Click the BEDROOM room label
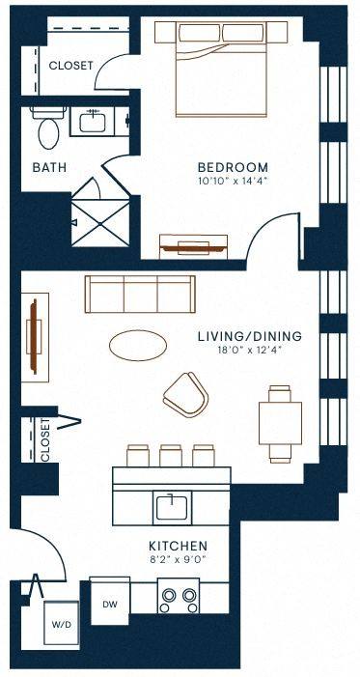[x=233, y=167]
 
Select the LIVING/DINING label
[x=250, y=336]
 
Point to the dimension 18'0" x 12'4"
[x=250, y=351]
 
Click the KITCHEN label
[x=179, y=546]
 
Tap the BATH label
[x=49, y=167]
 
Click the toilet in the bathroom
[x=48, y=128]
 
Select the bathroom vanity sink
[x=92, y=120]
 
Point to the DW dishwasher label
[x=110, y=605]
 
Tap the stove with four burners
[x=178, y=596]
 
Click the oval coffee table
[x=138, y=346]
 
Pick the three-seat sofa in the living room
[x=140, y=294]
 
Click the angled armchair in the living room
[x=186, y=395]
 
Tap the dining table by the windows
[x=280, y=424]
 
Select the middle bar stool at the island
[x=171, y=456]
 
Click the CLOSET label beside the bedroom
[x=70, y=66]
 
